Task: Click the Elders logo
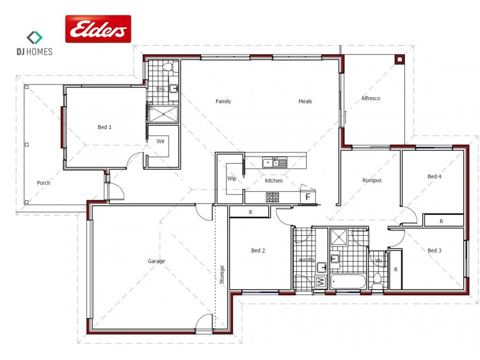point(98,29)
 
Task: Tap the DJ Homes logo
point(34,43)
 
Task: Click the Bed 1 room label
point(104,127)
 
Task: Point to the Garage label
point(156,261)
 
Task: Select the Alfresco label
point(371,98)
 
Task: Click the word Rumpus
point(372,180)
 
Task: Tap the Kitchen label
point(274,181)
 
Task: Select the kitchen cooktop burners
point(272,196)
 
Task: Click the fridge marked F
point(308,197)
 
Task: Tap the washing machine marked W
point(320,281)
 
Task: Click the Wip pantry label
point(231,179)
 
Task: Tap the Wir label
point(160,142)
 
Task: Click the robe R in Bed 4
point(441,221)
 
